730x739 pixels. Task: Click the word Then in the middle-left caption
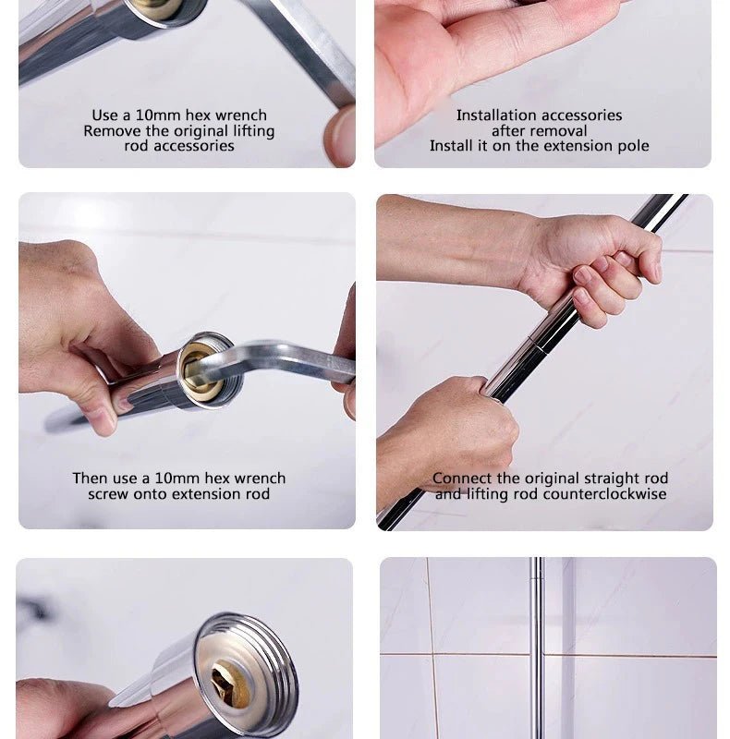[91, 479]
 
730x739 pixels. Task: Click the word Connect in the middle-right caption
[462, 479]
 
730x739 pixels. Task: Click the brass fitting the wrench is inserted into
[197, 371]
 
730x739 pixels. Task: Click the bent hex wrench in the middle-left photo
[278, 360]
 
